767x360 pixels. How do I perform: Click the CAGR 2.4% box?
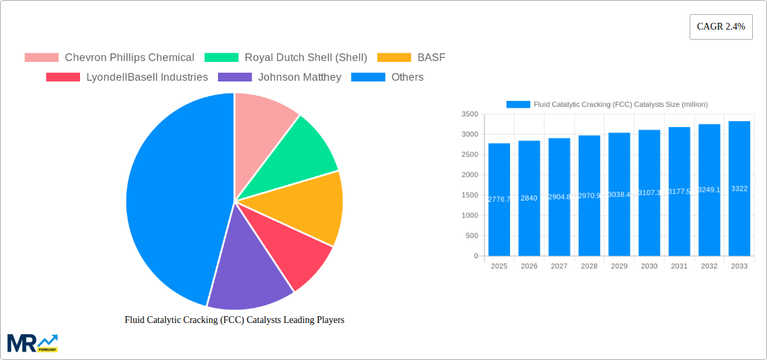click(x=721, y=27)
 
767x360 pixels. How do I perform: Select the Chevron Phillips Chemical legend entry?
click(x=109, y=58)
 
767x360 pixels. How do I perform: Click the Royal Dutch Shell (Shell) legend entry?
click(x=286, y=58)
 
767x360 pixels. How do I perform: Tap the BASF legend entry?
click(x=411, y=58)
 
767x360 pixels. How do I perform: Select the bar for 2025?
click(x=499, y=202)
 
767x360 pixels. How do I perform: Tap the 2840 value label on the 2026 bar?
click(x=529, y=198)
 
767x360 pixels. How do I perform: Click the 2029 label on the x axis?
click(x=619, y=266)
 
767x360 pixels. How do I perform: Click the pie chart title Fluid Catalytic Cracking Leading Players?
click(x=234, y=320)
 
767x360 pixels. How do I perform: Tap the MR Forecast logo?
click(x=32, y=343)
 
